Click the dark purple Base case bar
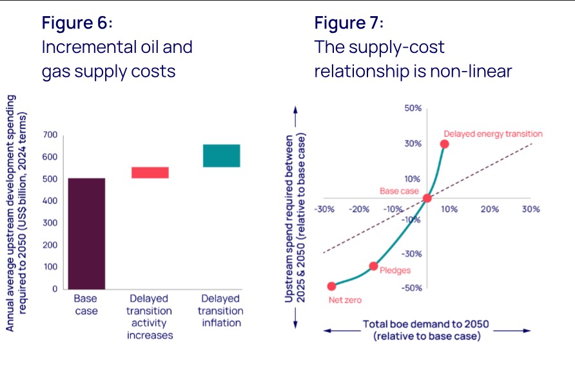(86, 233)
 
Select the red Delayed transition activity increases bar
(150, 172)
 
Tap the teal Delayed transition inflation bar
(221, 156)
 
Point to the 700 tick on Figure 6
(50, 135)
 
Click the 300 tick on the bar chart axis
(50, 223)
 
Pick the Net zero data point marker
(331, 286)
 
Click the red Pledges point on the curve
(373, 266)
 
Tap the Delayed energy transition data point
(444, 144)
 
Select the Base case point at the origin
(427, 198)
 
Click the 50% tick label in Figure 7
(413, 108)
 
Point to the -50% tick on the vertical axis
(413, 288)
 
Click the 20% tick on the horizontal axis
(489, 209)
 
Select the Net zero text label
(345, 301)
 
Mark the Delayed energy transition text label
(493, 134)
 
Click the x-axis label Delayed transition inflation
(220, 310)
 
